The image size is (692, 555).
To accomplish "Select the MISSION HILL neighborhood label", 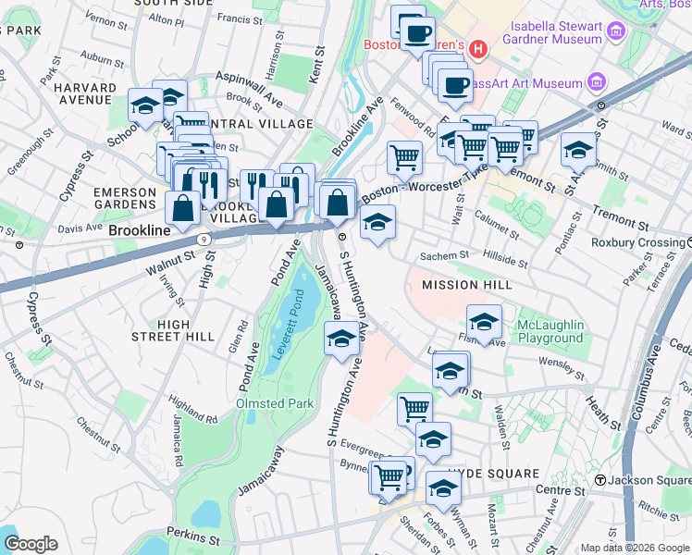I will point(460,285).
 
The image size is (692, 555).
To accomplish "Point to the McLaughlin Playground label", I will point(550,331).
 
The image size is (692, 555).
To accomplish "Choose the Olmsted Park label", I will point(275,404).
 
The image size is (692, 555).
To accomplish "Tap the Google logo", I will point(30,544).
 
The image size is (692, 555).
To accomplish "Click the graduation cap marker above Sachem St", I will point(377,223).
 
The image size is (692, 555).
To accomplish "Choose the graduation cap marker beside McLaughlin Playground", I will point(484,323).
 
